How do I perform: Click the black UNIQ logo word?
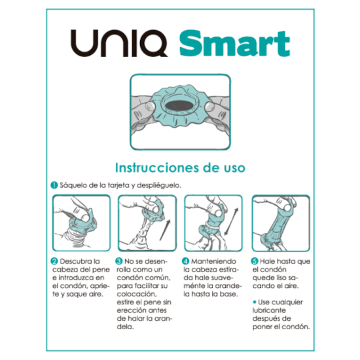[119, 43]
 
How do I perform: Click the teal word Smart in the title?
[234, 43]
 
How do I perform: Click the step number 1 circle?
[54, 185]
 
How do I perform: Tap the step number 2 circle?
[54, 261]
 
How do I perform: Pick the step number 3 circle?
[118, 261]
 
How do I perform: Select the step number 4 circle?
[185, 261]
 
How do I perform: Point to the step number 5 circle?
[255, 261]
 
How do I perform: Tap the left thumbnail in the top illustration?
[151, 106]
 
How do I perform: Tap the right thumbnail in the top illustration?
[209, 106]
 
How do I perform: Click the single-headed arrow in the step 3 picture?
[166, 230]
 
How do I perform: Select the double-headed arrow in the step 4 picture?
[231, 221]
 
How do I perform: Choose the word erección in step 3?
[129, 310]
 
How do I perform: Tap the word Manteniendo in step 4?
[213, 261]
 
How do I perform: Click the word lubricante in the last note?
[269, 310]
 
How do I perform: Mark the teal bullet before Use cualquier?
[255, 302]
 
